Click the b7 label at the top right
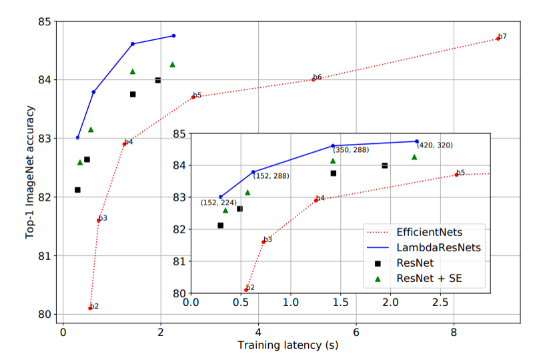(x=502, y=36)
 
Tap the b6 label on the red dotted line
(x=318, y=77)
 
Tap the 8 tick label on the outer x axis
(x=454, y=332)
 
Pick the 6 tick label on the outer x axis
(x=356, y=332)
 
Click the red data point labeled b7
(x=498, y=39)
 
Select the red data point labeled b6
(x=313, y=79)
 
